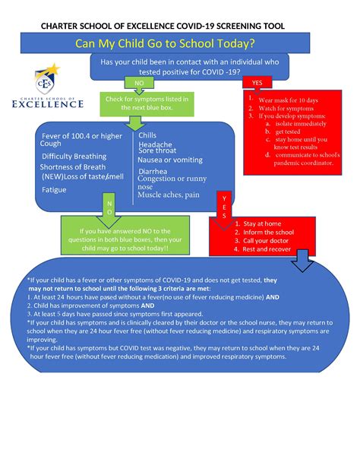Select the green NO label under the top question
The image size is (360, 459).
138,82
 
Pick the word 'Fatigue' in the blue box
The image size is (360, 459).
55,189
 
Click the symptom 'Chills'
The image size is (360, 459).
147,135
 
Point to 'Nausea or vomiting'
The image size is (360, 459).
169,160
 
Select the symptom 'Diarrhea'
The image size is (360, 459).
153,171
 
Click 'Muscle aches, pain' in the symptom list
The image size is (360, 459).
168,195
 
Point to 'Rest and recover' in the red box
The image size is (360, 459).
265,249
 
